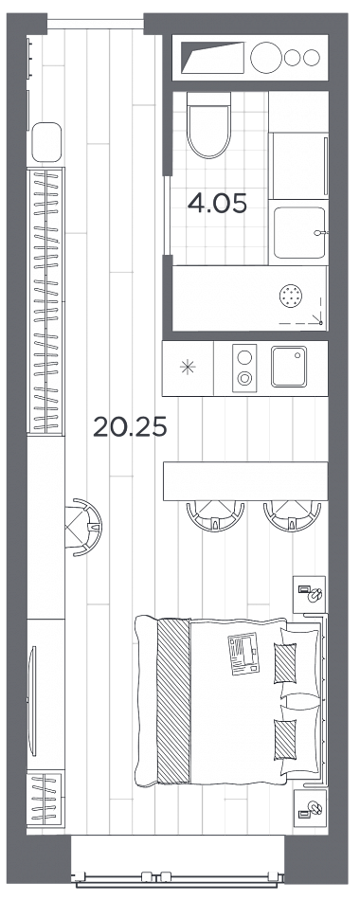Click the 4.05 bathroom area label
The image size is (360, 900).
pos(217,203)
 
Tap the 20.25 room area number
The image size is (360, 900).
pos(130,426)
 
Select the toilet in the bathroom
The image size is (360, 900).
pos(209,125)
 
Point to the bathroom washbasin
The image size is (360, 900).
pos(299,232)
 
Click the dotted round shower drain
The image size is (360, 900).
pos(290,297)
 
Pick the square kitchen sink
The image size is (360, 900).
pos(289,367)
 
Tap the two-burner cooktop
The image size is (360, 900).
pos(244,368)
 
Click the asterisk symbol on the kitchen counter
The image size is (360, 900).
pos(188,368)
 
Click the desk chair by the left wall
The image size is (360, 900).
pos(83,527)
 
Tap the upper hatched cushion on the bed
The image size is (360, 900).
pos(285,664)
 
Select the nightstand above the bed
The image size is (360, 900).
pos(310,593)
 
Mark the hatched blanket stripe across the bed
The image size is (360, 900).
pos(172,701)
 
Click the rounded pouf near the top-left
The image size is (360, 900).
pos(46,142)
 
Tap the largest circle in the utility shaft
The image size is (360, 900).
pos(267,58)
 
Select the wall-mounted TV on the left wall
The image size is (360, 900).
pos(33,701)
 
